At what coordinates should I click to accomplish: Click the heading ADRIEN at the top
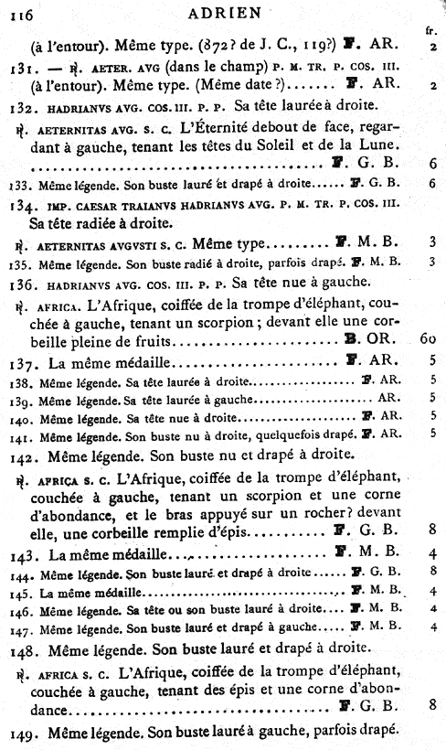click(223, 12)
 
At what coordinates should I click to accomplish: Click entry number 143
click(19, 554)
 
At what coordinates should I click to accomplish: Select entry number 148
click(19, 651)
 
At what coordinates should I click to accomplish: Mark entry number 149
click(19, 731)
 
